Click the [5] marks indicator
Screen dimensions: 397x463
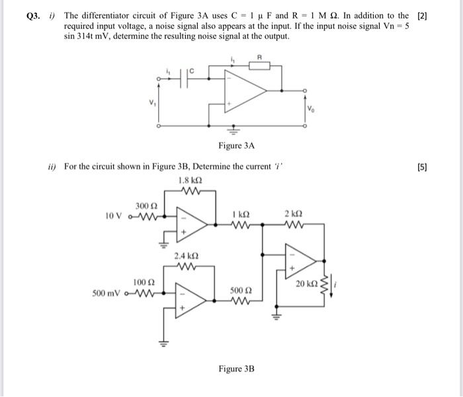pos(422,167)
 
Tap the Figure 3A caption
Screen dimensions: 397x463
pos(236,145)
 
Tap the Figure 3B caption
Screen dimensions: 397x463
pos(236,369)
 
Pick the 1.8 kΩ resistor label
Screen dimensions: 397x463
pos(190,180)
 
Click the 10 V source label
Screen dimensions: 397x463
pos(114,215)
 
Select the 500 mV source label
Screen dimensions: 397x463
pos(107,291)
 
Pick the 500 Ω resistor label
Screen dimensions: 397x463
pos(239,290)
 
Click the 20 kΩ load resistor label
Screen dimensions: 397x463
pos(306,284)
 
